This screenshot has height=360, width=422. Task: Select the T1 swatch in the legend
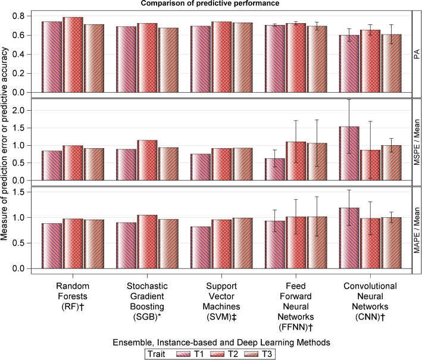coord(185,353)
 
